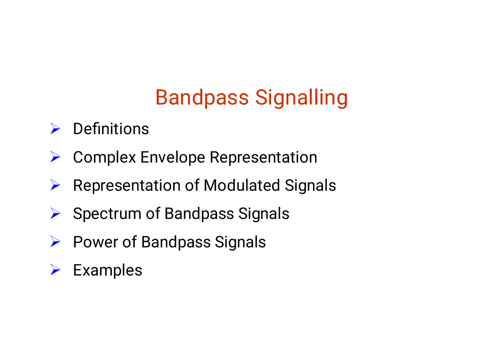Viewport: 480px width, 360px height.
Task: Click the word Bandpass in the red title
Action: click(202, 98)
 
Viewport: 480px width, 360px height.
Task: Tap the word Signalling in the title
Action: click(301, 98)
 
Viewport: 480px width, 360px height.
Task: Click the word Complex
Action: click(105, 157)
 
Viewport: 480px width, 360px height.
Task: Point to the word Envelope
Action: click(172, 157)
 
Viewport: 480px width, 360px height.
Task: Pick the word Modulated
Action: click(241, 185)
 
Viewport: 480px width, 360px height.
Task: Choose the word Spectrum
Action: click(107, 214)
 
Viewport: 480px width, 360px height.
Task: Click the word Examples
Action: click(108, 270)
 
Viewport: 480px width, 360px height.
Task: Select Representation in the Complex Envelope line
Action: click(264, 157)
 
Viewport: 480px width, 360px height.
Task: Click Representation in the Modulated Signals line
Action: click(127, 186)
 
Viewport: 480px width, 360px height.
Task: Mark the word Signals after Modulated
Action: click(310, 186)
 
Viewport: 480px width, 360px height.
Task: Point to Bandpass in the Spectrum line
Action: click(199, 214)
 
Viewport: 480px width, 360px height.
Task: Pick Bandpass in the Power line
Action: click(176, 242)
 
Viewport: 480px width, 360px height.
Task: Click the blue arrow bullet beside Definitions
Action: click(55, 128)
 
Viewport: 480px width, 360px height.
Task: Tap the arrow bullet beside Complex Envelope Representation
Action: click(55, 156)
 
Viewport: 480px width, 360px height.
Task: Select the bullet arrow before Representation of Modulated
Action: click(55, 185)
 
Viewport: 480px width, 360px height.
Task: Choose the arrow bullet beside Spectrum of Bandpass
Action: click(55, 213)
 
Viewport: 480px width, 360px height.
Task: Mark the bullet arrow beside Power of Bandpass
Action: click(55, 241)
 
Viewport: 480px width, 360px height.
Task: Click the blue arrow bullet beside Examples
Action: click(55, 270)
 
